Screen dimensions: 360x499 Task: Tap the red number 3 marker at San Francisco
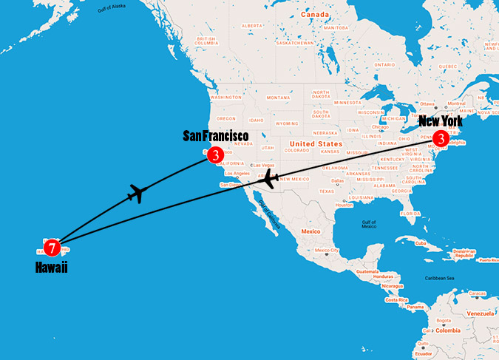[214, 154]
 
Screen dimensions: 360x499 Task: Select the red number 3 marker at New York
[441, 137]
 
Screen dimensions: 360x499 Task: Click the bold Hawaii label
[51, 268]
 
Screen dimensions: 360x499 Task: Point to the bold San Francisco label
[215, 136]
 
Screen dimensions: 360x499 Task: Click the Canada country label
[314, 14]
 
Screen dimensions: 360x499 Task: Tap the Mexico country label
[310, 231]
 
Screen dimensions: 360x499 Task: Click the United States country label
[316, 143]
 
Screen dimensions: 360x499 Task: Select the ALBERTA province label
[252, 25]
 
